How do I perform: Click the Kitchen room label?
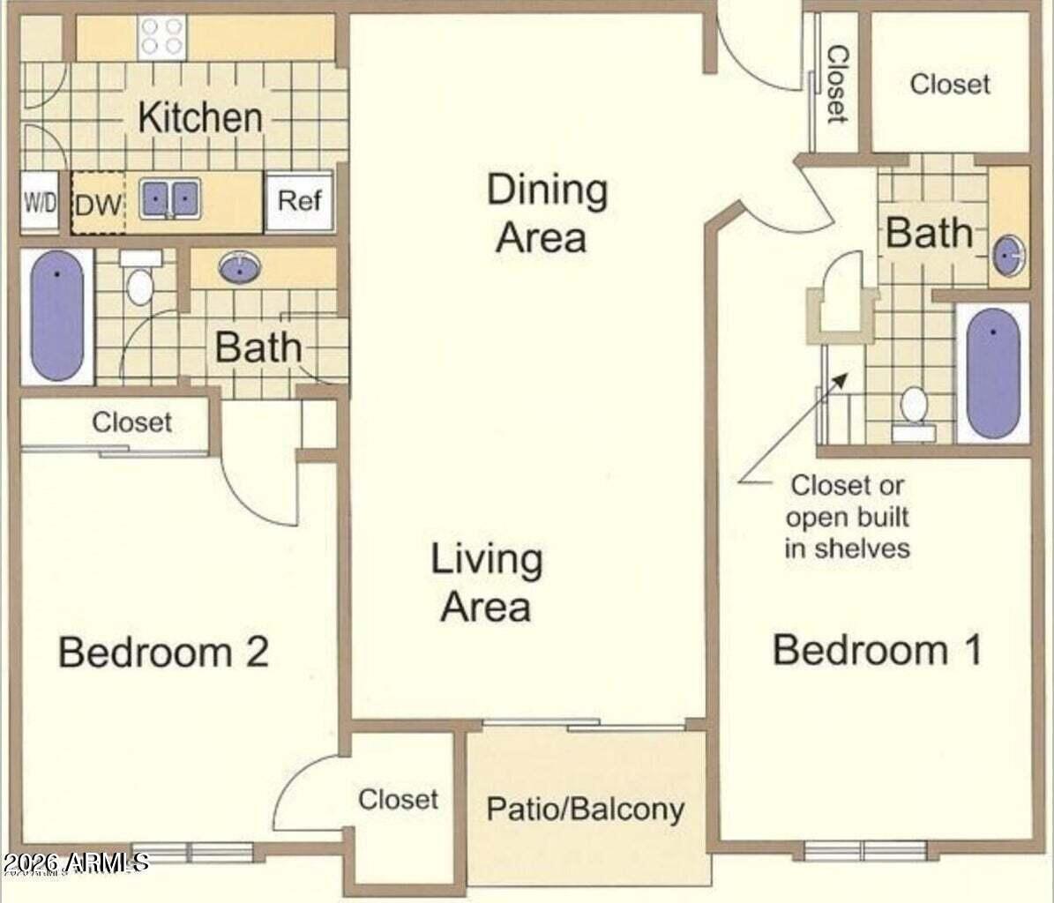click(x=200, y=117)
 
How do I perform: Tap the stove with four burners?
click(x=162, y=37)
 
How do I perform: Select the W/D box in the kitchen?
click(x=40, y=203)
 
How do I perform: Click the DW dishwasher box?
click(x=98, y=205)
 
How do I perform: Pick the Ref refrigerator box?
click(x=299, y=201)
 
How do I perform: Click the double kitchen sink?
click(x=169, y=199)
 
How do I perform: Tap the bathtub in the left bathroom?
click(x=56, y=316)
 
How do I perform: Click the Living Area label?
click(x=486, y=583)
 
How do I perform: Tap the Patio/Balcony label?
click(x=585, y=809)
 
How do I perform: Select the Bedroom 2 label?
click(x=163, y=653)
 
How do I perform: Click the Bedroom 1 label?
click(x=877, y=651)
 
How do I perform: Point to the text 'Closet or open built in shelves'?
click(x=847, y=517)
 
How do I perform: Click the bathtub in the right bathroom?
click(x=993, y=373)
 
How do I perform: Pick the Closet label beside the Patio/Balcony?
click(x=398, y=800)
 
